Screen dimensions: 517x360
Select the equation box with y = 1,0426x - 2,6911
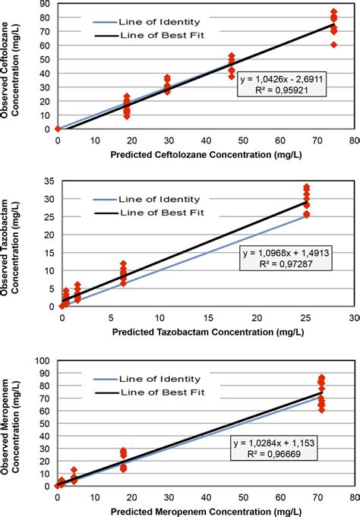pyautogui.click(x=280, y=84)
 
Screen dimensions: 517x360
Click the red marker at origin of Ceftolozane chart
pyautogui.click(x=58, y=128)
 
